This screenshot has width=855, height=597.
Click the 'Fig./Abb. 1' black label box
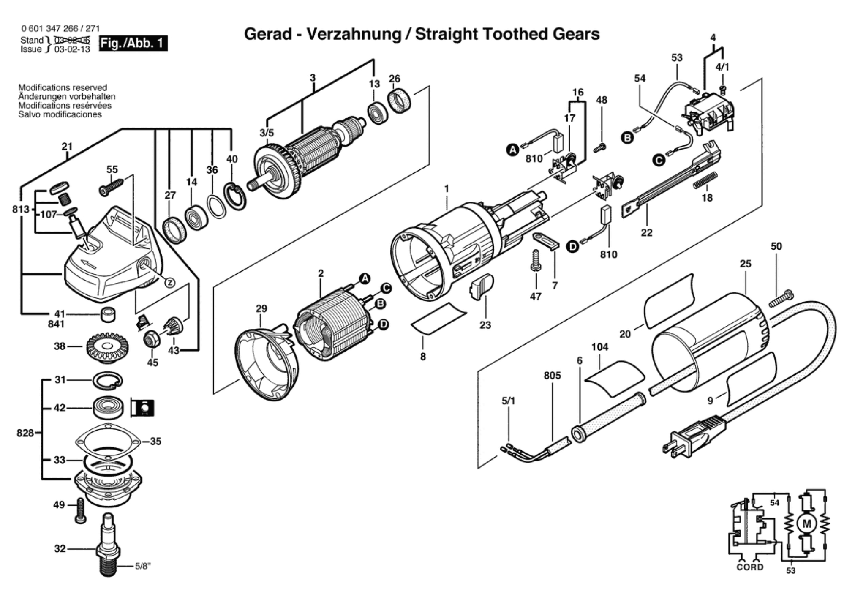coord(133,44)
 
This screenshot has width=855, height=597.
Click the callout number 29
coord(261,308)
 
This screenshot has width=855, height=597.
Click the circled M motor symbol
coord(806,524)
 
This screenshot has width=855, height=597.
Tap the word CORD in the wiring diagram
coord(750,567)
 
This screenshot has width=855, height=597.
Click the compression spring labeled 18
coord(705,181)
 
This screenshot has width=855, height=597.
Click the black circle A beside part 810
coord(512,150)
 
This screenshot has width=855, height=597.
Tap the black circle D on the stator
coord(383,324)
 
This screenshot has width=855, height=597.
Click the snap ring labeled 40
coord(235,196)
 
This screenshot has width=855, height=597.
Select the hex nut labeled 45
coord(151,339)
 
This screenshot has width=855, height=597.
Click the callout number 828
coord(25,433)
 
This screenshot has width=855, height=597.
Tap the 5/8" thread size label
coord(143,566)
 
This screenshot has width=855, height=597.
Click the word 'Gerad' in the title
coord(268,34)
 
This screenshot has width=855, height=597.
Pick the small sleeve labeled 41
coord(108,315)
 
